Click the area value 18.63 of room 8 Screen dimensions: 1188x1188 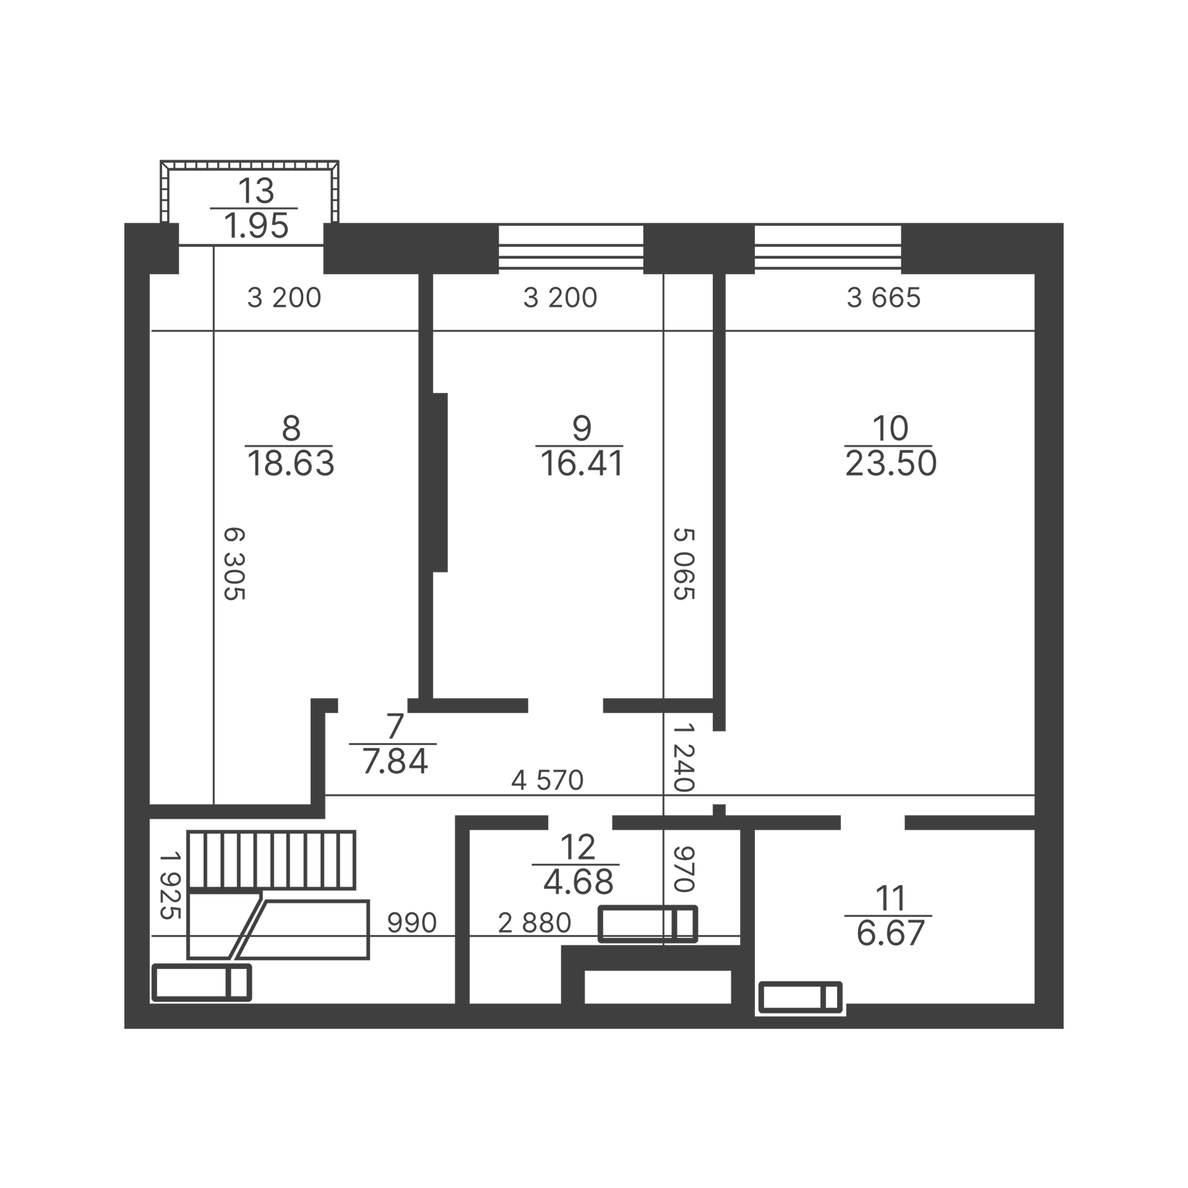pyautogui.click(x=291, y=463)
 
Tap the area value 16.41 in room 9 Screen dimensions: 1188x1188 pyautogui.click(x=582, y=463)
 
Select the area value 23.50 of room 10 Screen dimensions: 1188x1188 pyautogui.click(x=891, y=463)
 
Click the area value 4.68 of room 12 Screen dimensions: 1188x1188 pyautogui.click(x=579, y=882)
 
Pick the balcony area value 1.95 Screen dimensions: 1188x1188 pyautogui.click(x=256, y=225)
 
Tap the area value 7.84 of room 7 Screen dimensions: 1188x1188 pyautogui.click(x=395, y=761)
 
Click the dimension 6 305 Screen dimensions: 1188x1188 pyautogui.click(x=234, y=564)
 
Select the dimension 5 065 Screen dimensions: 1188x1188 pyautogui.click(x=684, y=564)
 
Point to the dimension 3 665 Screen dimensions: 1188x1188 pyautogui.click(x=884, y=298)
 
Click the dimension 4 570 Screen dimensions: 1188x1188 pyautogui.click(x=548, y=780)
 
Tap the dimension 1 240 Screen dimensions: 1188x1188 pyautogui.click(x=683, y=757)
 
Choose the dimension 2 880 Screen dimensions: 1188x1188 pyautogui.click(x=535, y=923)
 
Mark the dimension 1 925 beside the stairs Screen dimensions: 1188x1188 pyautogui.click(x=170, y=885)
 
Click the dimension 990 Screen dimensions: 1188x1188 pyautogui.click(x=412, y=923)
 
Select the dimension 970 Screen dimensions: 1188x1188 pyautogui.click(x=683, y=869)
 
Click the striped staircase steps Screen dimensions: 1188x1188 pyautogui.click(x=271, y=859)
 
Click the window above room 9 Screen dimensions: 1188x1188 pyautogui.click(x=571, y=247)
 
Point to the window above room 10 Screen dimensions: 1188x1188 pyautogui.click(x=828, y=247)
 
